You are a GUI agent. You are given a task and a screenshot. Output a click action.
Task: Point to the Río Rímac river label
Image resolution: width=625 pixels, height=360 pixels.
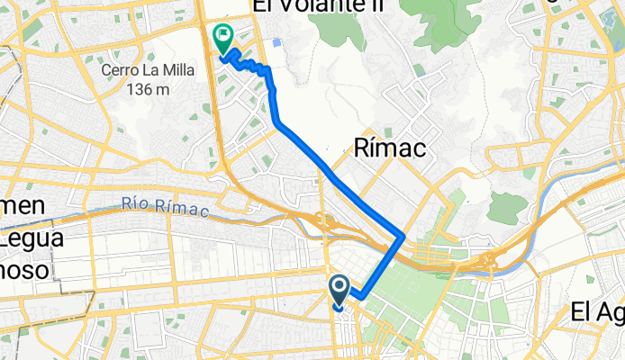click(165, 211)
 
